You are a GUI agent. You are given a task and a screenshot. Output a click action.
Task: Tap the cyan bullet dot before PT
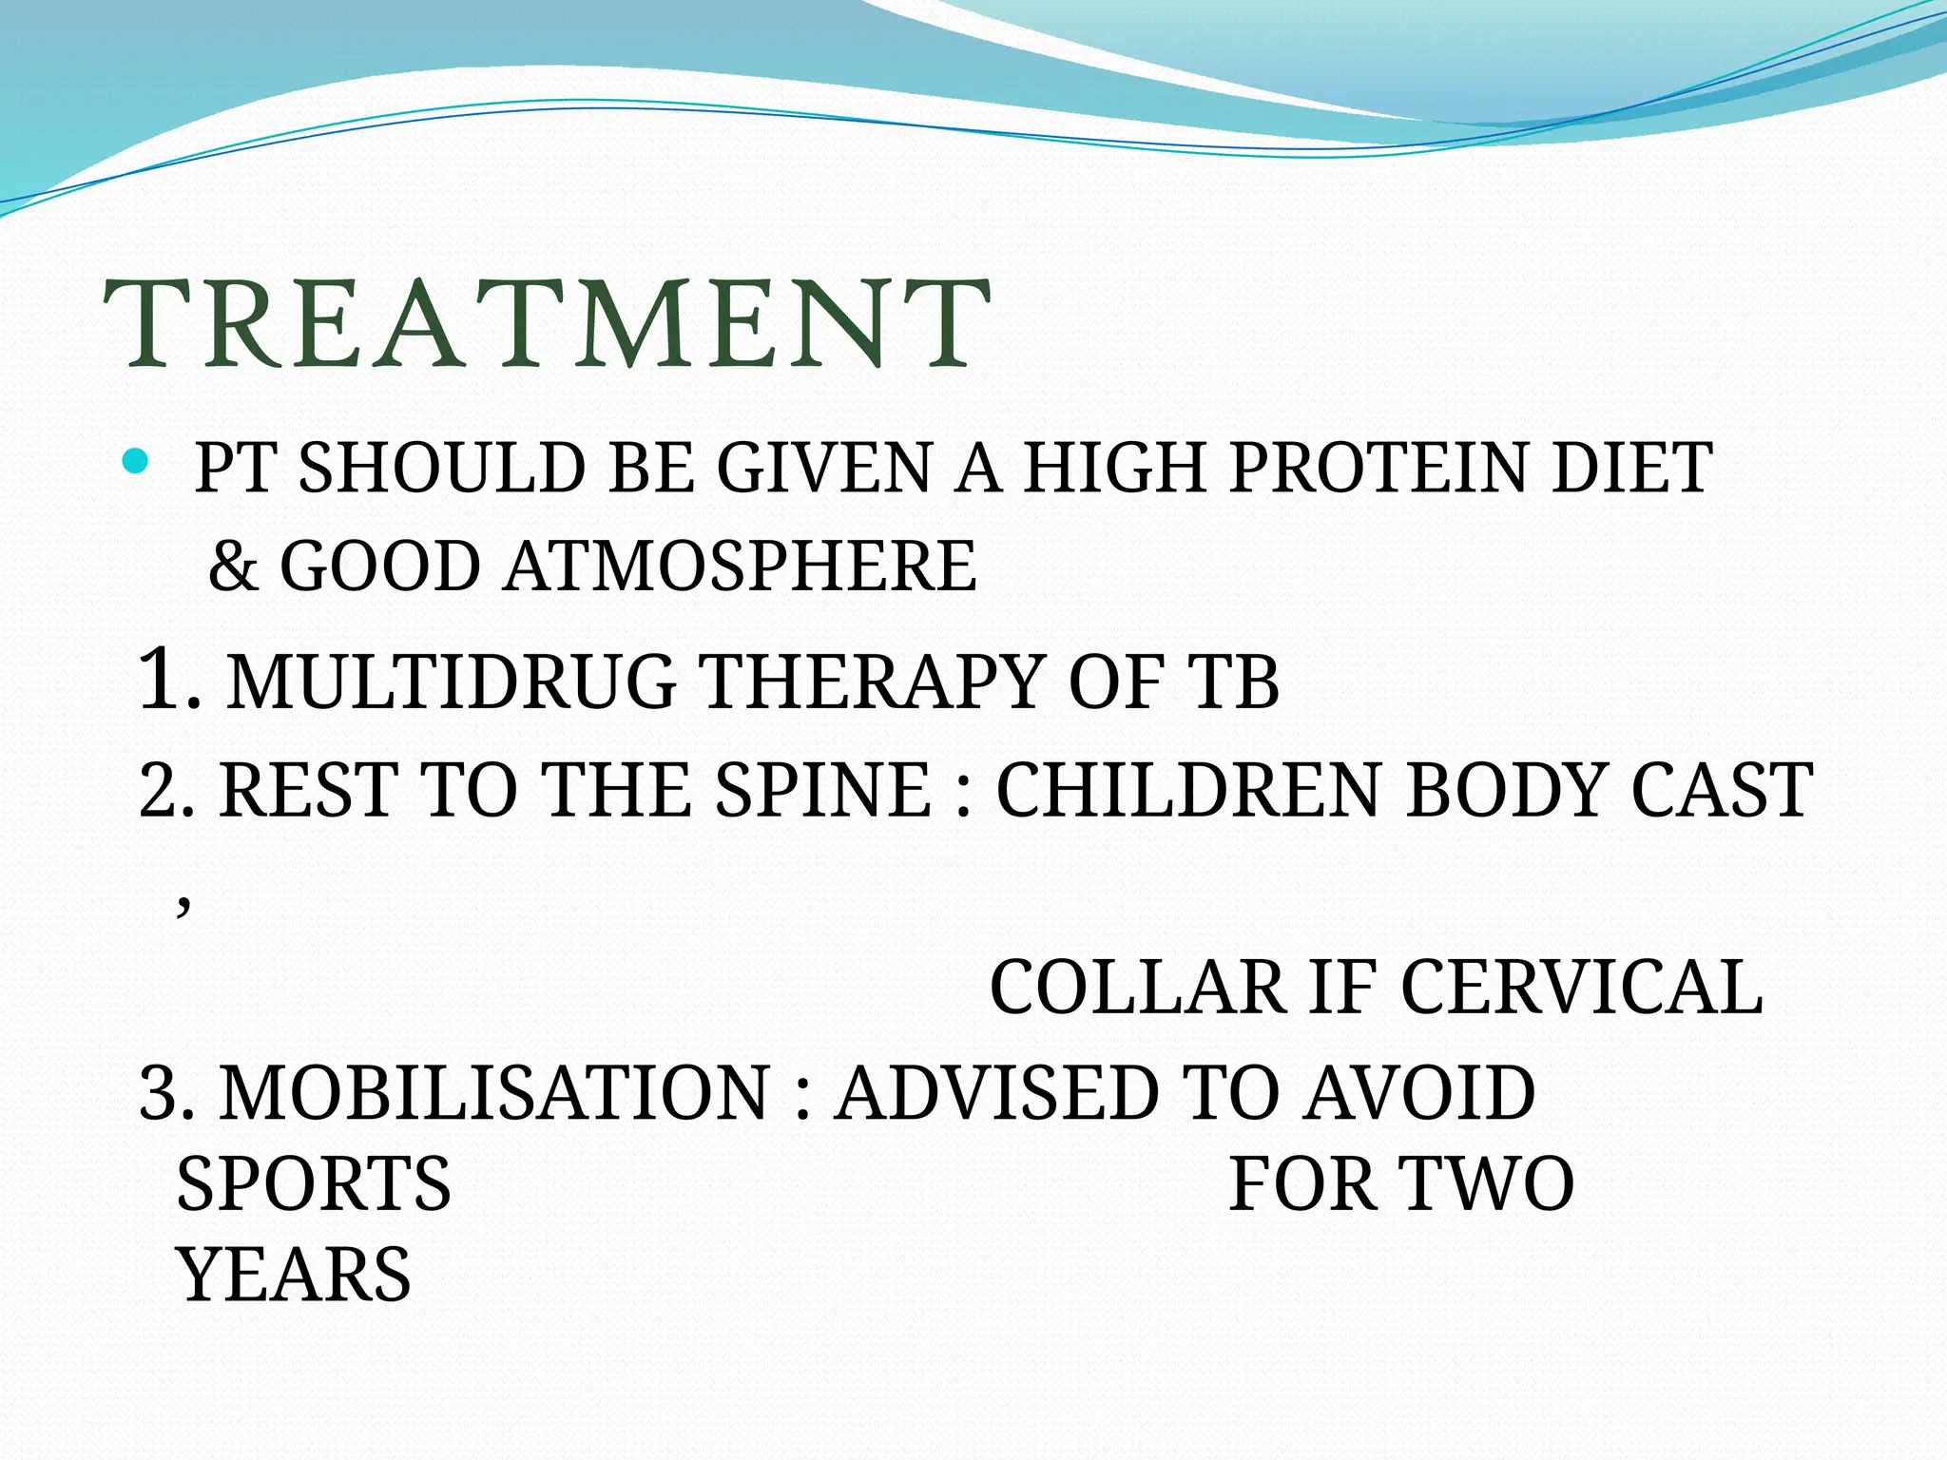[x=136, y=463]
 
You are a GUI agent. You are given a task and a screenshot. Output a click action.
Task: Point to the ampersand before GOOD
[x=233, y=567]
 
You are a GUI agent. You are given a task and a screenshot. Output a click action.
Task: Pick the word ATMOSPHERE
[x=741, y=567]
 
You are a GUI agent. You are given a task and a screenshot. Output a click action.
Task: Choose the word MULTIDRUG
[x=451, y=682]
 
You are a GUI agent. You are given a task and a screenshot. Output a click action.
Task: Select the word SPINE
[x=822, y=791]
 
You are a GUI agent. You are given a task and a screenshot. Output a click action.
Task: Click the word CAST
[x=1721, y=791]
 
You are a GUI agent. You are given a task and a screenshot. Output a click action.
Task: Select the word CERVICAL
[x=1581, y=989]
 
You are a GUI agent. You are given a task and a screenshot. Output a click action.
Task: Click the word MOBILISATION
[x=494, y=1093]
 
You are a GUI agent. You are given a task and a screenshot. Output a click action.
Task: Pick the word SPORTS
[x=314, y=1184]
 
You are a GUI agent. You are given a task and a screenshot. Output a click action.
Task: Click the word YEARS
[x=295, y=1276]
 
